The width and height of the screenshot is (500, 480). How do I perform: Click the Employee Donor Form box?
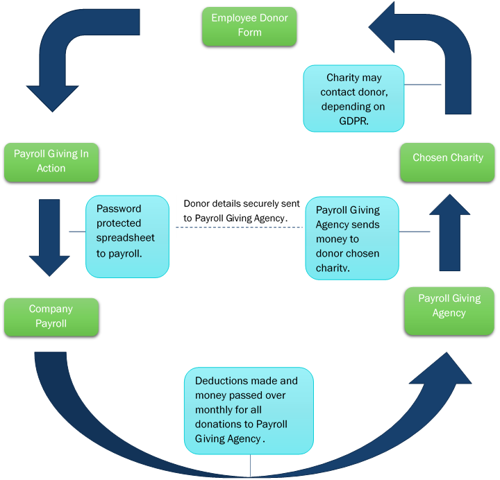click(249, 26)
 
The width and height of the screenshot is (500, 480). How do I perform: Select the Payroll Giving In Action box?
click(51, 162)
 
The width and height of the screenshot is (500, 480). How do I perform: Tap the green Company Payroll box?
click(51, 316)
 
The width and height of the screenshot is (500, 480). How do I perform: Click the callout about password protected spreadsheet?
click(127, 236)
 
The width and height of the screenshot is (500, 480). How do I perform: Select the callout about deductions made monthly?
click(249, 411)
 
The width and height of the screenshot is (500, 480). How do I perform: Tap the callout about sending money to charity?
click(353, 239)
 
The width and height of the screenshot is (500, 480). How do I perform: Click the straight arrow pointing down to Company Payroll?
click(49, 236)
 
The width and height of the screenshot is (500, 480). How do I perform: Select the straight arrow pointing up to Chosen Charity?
click(449, 232)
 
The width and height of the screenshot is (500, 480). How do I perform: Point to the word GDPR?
click(354, 121)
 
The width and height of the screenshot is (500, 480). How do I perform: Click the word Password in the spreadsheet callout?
click(119, 208)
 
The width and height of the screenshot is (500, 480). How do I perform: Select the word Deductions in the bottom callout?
click(222, 381)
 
